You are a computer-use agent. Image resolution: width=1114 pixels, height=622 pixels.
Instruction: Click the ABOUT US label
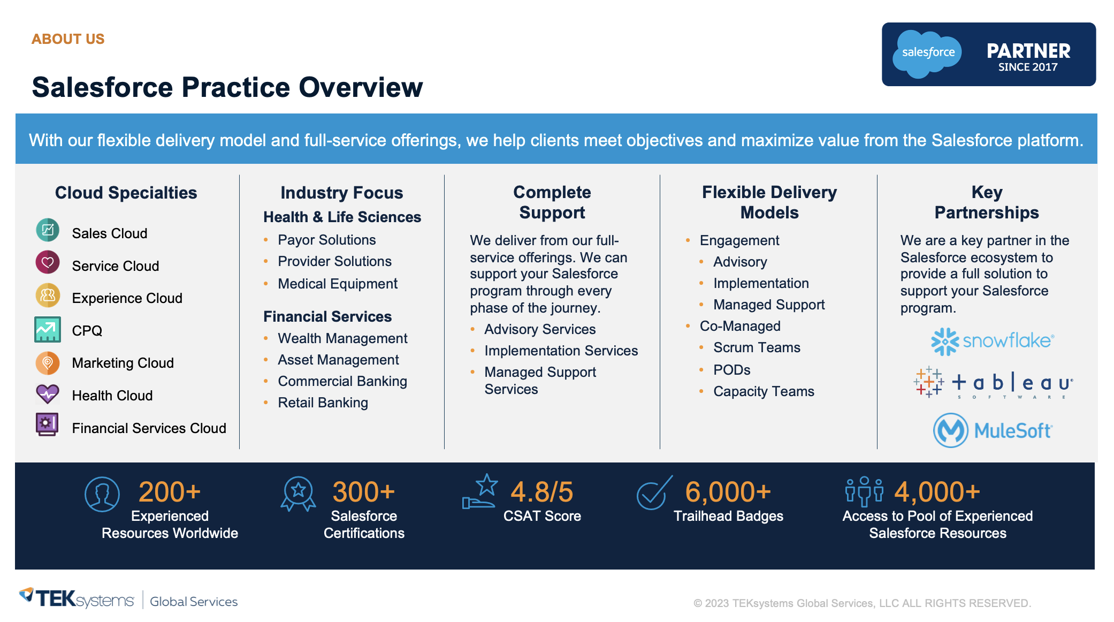pyautogui.click(x=68, y=39)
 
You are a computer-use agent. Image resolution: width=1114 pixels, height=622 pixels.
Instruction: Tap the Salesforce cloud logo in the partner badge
pyautogui.click(x=928, y=53)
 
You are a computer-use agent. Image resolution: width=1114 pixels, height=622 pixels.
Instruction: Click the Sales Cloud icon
pyautogui.click(x=48, y=230)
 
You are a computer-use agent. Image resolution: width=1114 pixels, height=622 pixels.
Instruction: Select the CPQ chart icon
pyautogui.click(x=48, y=329)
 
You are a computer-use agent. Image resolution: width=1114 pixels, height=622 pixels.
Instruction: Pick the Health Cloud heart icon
pyautogui.click(x=48, y=395)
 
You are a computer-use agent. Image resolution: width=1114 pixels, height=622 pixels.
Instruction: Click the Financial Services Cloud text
pyautogui.click(x=149, y=428)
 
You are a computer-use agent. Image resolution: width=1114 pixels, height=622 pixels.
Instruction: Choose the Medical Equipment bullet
pyautogui.click(x=337, y=284)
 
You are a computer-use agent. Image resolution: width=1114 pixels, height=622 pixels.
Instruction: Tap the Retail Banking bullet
pyautogui.click(x=323, y=403)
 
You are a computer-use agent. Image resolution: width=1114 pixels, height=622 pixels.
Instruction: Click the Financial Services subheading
pyautogui.click(x=327, y=316)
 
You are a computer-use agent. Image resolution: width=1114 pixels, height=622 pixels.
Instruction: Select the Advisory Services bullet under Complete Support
pyautogui.click(x=539, y=329)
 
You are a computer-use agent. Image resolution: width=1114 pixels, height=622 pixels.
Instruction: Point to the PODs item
pyautogui.click(x=731, y=370)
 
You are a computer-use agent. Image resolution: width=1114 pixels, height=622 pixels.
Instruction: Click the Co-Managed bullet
pyautogui.click(x=739, y=326)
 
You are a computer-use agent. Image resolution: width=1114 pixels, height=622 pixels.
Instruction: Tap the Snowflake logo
pyautogui.click(x=993, y=341)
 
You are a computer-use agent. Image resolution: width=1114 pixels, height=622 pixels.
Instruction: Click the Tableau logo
pyautogui.click(x=993, y=383)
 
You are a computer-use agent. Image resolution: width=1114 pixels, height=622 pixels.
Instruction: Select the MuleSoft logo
pyautogui.click(x=993, y=430)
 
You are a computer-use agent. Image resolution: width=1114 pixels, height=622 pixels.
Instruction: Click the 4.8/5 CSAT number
pyautogui.click(x=541, y=492)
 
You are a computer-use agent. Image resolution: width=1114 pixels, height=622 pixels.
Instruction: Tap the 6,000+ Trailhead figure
pyautogui.click(x=728, y=492)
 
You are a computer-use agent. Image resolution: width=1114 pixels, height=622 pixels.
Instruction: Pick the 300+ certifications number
pyautogui.click(x=363, y=492)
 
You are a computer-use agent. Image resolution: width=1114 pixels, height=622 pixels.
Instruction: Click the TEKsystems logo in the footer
pyautogui.click(x=78, y=599)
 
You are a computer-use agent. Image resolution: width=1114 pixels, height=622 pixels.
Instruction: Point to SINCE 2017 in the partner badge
pyautogui.click(x=1027, y=67)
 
